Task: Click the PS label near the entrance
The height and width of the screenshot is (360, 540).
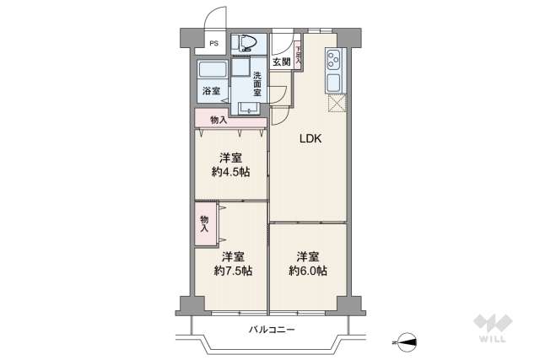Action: (213, 43)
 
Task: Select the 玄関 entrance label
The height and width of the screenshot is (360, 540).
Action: (280, 61)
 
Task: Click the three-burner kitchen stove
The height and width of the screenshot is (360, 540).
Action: (332, 62)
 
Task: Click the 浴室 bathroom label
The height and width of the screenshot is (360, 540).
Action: (210, 90)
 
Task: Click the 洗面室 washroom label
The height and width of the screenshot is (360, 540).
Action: (258, 83)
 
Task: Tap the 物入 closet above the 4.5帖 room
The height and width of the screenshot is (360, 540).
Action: (219, 120)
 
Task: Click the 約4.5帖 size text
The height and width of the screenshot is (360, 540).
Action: (230, 173)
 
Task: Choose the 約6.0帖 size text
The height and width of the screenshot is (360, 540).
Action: (308, 271)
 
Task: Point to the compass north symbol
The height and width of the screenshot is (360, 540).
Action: (406, 341)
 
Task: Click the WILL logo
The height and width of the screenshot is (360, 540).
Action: (491, 329)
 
